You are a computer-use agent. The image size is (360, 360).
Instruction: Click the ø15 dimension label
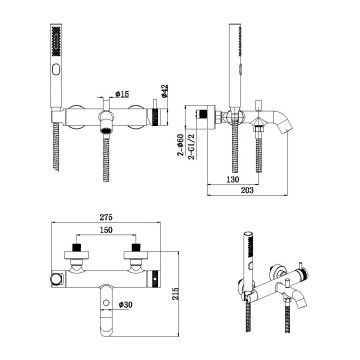point(122,94)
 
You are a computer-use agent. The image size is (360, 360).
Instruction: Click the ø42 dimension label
point(165,91)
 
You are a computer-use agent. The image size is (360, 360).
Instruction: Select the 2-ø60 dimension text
point(180,144)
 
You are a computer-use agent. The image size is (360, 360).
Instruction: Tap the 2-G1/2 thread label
point(191,146)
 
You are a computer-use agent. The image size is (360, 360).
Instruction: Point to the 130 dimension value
point(233,179)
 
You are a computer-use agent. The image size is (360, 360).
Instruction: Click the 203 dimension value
point(247,190)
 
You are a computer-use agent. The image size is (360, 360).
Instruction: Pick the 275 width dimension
point(106,217)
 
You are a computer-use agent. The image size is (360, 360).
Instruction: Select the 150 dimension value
point(106,230)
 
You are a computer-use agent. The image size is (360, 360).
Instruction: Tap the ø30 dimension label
point(125,304)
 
